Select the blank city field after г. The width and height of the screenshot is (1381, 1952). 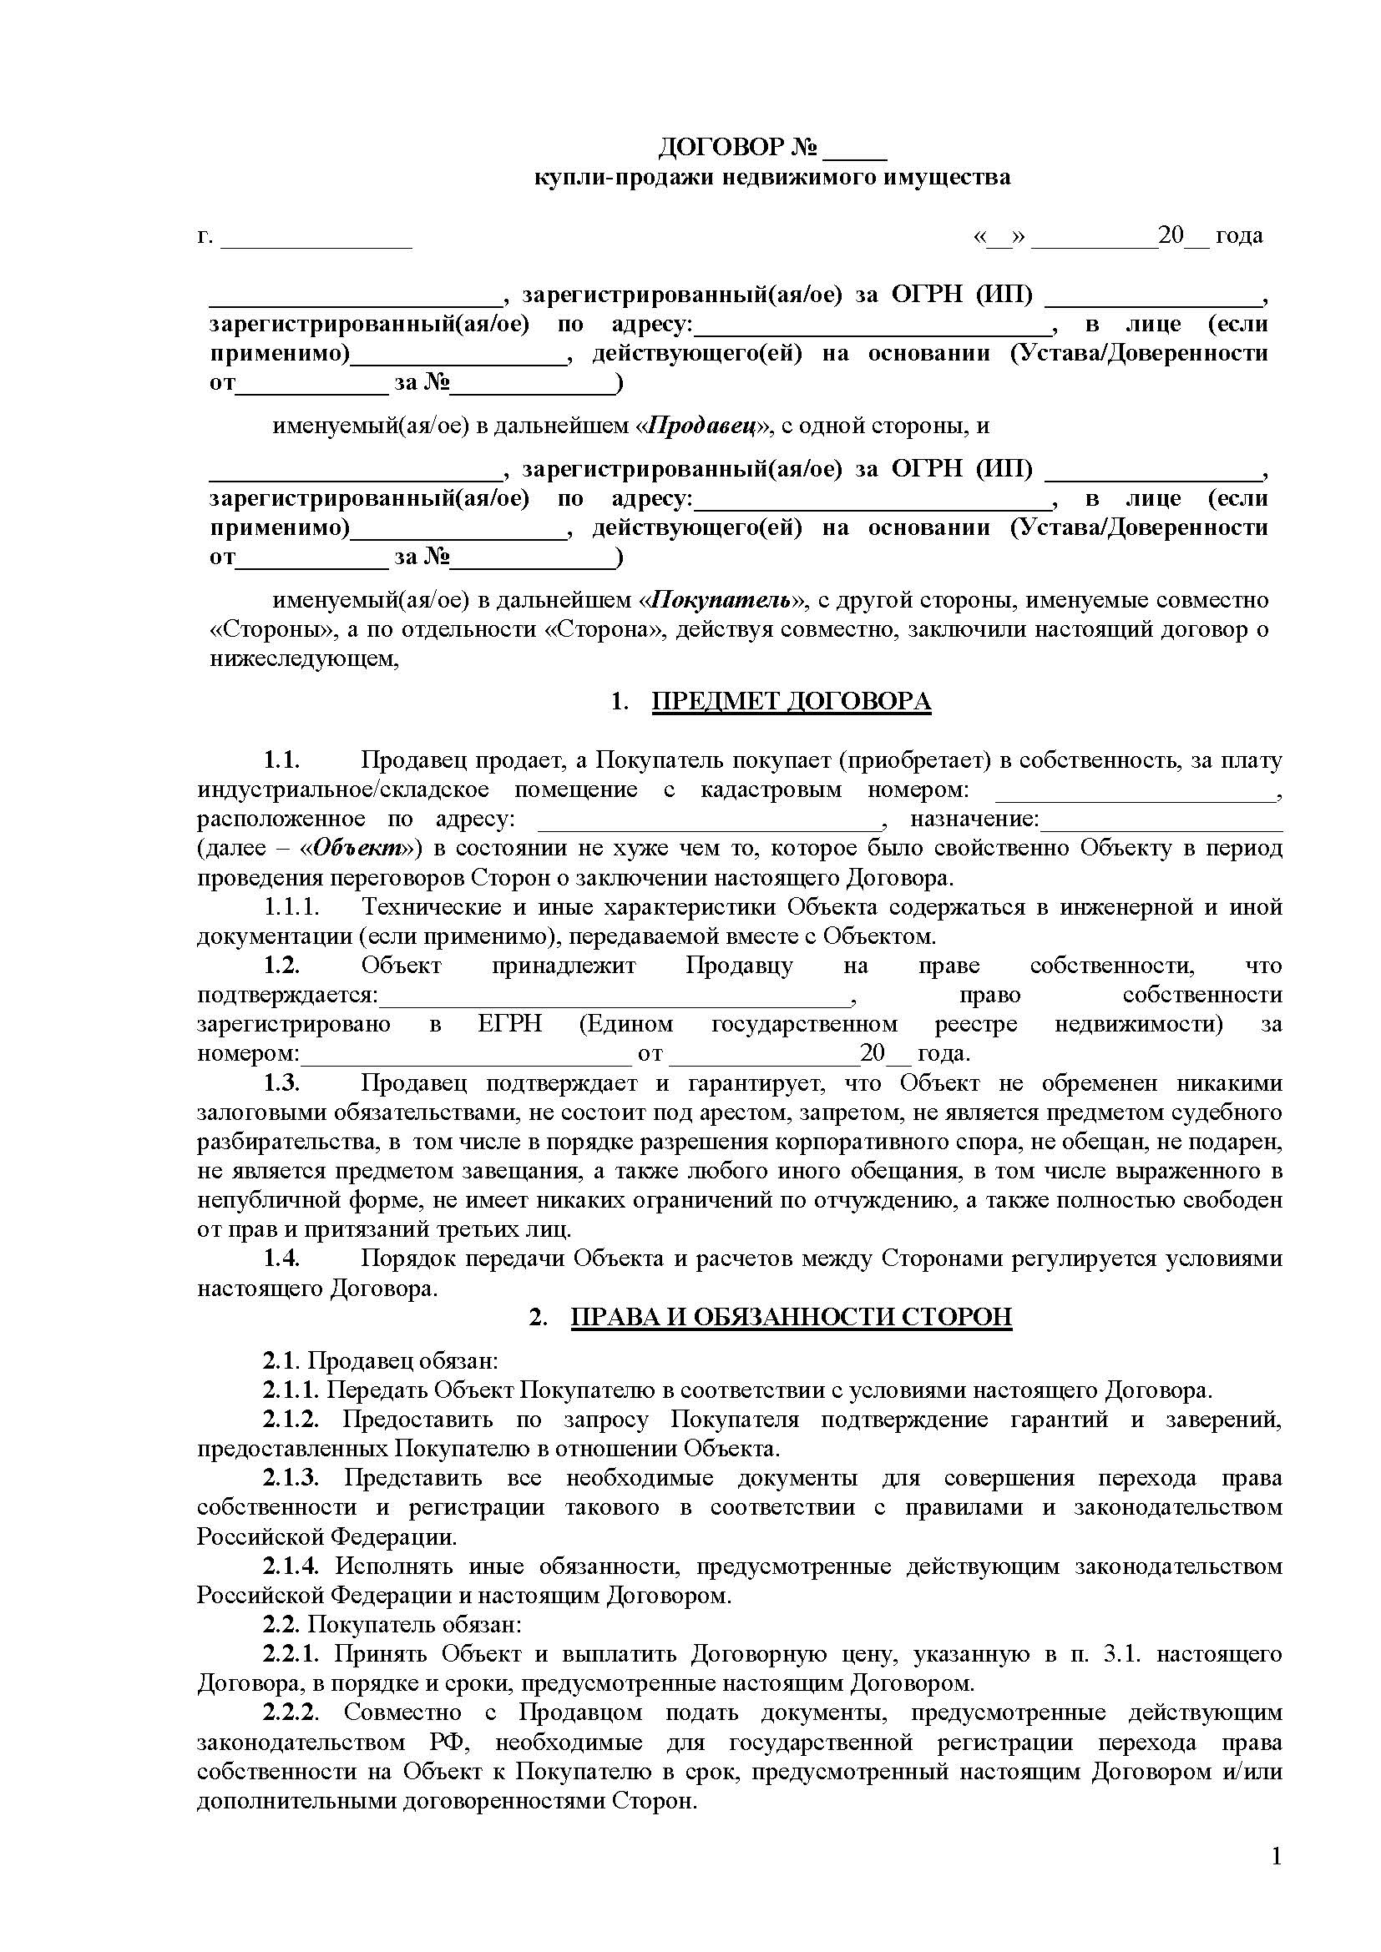[316, 239]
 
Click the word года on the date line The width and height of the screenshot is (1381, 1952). [1239, 235]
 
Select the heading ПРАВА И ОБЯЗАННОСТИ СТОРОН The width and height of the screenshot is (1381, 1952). [791, 1317]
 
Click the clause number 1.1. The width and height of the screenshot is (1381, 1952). [281, 760]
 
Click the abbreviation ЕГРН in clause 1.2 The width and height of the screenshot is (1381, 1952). [509, 1025]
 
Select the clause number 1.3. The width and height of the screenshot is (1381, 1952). [281, 1083]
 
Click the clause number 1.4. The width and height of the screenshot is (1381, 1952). [281, 1259]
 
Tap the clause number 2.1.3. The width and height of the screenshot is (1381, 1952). [290, 1479]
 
